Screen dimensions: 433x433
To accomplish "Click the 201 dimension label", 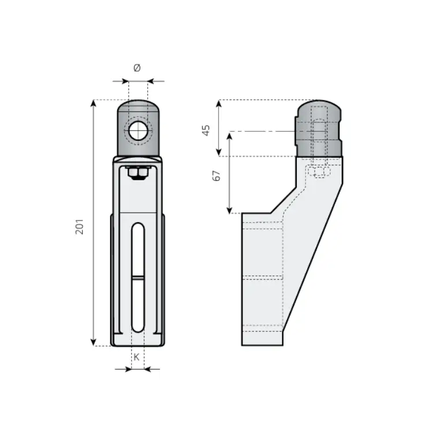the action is click(x=80, y=227).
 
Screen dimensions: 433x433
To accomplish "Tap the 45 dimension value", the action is click(x=206, y=130).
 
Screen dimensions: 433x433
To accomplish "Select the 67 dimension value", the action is click(x=216, y=176).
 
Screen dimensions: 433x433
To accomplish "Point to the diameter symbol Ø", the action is click(x=137, y=68).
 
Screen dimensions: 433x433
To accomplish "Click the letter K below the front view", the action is click(x=136, y=357).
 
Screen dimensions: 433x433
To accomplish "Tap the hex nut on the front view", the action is click(x=137, y=173).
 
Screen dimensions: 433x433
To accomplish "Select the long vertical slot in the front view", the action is click(x=138, y=278).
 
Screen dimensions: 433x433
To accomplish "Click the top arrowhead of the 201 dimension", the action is click(x=94, y=103).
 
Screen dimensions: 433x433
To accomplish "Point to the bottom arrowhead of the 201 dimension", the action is click(x=94, y=342).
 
